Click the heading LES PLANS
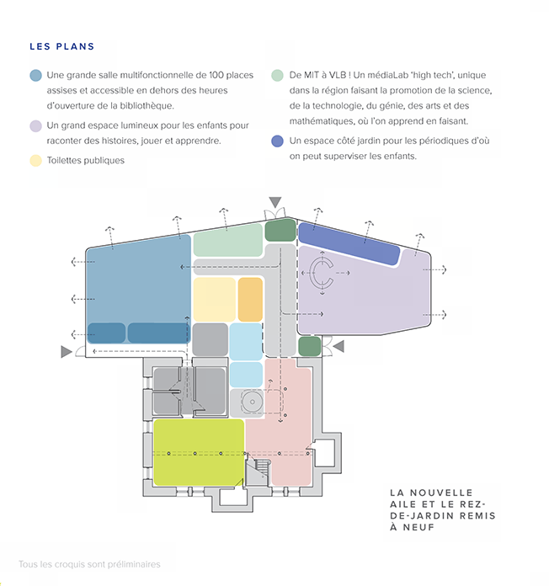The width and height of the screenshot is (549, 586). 62,46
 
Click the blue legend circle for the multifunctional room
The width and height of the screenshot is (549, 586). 36,76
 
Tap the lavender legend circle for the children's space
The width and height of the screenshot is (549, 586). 36,126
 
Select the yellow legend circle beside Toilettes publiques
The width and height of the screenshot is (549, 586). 36,161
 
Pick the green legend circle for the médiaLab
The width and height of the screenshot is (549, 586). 277,76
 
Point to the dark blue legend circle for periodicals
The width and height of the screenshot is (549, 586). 277,141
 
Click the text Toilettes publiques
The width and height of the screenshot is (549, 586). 86,160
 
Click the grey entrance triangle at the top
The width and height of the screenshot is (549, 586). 275,202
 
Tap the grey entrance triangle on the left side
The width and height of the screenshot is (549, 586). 67,352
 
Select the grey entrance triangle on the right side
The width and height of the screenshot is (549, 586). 338,346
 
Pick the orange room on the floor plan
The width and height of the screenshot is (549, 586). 250,300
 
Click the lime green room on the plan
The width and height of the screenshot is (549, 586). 199,452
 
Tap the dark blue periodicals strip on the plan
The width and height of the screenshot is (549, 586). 349,243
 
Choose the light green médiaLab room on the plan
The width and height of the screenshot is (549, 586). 228,240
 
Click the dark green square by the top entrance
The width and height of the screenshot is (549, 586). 280,230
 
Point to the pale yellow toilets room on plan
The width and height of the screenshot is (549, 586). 215,300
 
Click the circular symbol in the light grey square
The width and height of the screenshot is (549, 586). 253,402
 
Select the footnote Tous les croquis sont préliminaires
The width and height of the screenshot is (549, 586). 90,564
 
